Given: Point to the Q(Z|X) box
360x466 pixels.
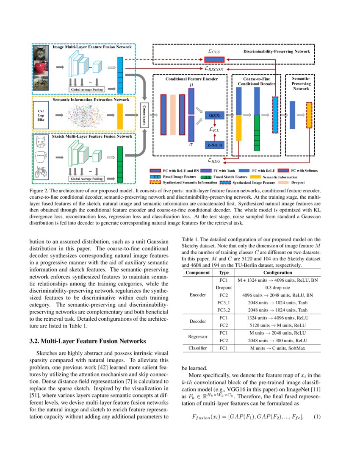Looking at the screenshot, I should click(216, 115).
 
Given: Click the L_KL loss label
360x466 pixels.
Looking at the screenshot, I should click(216, 130).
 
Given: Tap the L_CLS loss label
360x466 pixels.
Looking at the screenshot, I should click(213, 51).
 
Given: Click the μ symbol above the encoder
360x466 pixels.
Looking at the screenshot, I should click(191, 85).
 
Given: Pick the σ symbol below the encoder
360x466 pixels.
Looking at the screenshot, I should click(191, 144).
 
